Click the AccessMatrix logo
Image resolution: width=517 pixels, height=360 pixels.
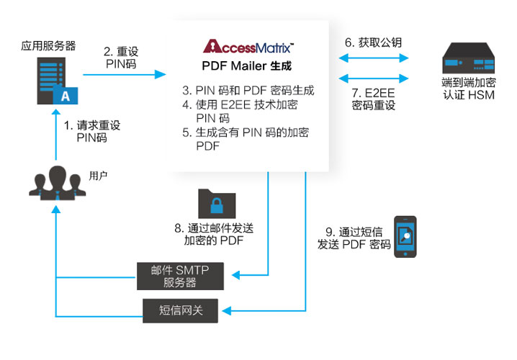click(248, 48)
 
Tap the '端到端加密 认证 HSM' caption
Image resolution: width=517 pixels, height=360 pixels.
click(468, 88)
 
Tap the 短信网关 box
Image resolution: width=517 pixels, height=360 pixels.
click(180, 310)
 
